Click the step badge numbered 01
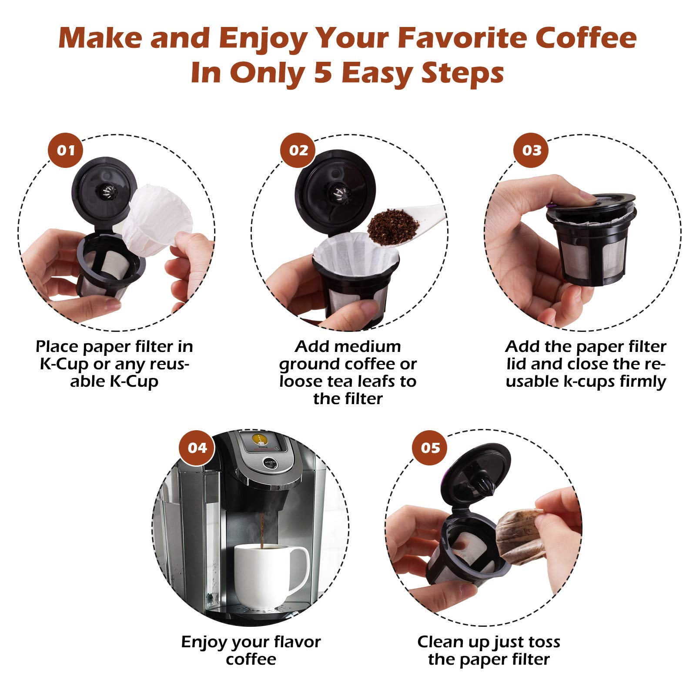tap(66, 151)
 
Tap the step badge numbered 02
tap(298, 151)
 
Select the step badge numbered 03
tap(532, 151)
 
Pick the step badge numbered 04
tap(197, 448)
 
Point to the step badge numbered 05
tap(430, 448)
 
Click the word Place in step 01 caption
tap(57, 347)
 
